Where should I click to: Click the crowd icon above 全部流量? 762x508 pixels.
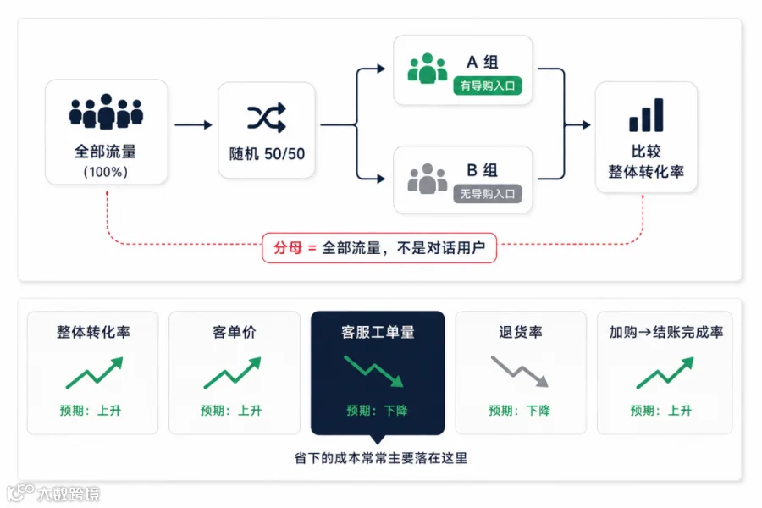106,112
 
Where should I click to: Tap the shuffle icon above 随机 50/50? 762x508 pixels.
267,117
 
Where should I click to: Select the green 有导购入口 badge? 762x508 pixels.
488,86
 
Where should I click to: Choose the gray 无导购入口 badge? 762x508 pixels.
488,194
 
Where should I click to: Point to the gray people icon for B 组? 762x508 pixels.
428,179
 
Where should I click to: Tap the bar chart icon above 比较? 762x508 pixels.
646,115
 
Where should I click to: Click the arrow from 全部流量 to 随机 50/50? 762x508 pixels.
193,125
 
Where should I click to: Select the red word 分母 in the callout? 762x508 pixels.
288,248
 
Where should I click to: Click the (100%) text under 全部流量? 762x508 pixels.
106,172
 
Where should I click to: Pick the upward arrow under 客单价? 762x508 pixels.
232,373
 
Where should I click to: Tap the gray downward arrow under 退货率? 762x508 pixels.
520,372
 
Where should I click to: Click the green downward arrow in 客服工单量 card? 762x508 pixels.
373,372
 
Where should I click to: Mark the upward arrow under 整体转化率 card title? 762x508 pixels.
94,373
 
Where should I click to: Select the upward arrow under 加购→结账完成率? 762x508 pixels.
665,373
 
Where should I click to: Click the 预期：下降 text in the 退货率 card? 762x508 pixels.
519,411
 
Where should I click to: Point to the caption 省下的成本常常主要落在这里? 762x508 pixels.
380,458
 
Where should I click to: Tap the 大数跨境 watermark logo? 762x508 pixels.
53,493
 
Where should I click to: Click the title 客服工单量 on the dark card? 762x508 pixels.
378,332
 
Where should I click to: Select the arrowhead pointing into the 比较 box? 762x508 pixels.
587,125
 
